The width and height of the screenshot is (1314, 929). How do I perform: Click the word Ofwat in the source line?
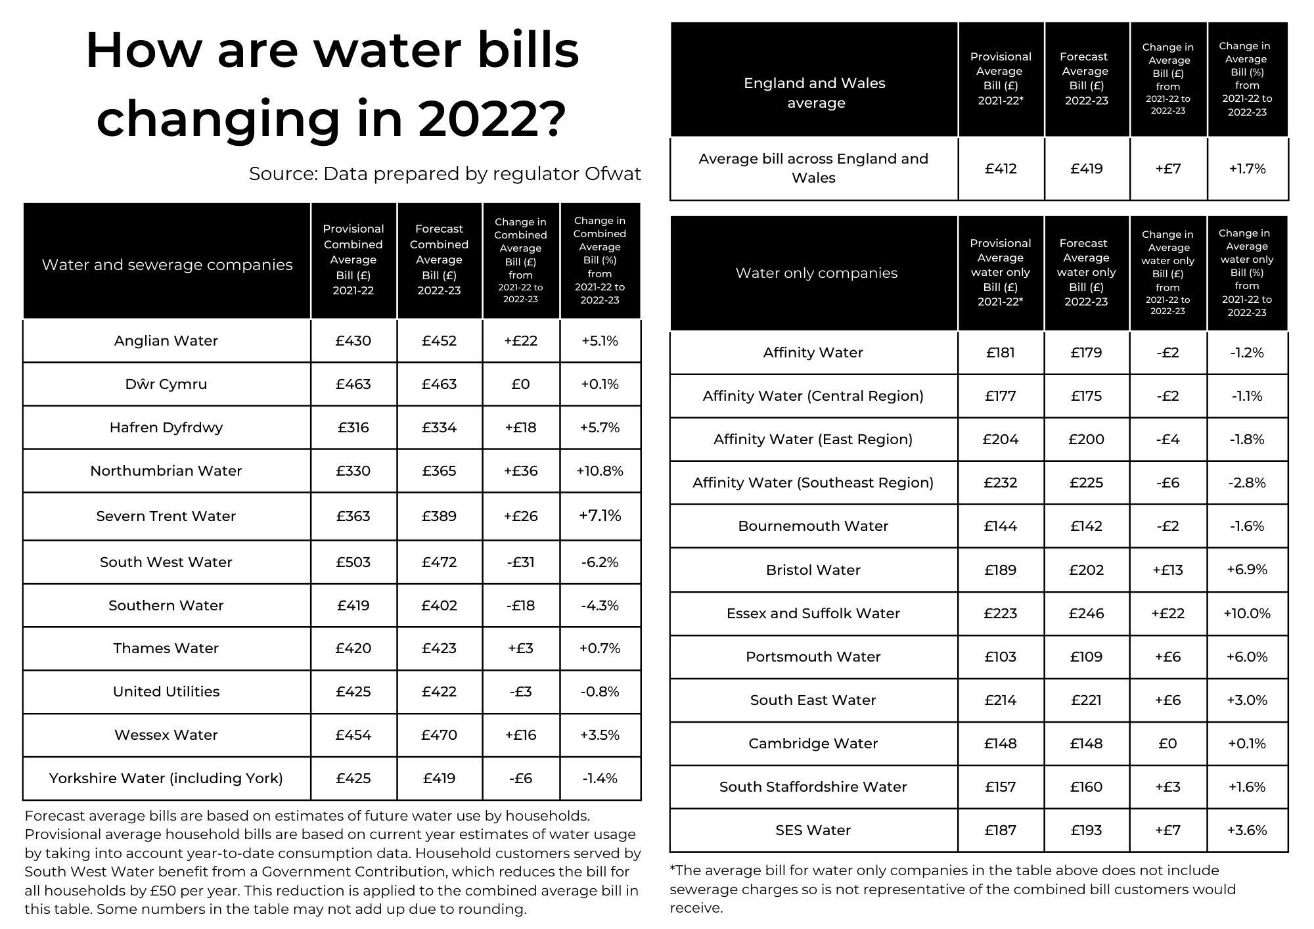(612, 173)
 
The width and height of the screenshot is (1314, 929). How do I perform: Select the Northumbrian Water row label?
(166, 471)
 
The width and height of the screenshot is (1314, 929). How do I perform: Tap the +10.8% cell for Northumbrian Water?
(600, 471)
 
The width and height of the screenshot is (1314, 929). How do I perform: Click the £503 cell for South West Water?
(353, 562)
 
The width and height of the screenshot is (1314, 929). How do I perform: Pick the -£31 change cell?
(520, 562)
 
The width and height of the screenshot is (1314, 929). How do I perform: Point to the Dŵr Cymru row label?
(166, 384)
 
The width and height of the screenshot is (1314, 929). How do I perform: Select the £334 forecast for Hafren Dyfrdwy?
(439, 428)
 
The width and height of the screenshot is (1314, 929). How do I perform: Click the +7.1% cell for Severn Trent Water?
(600, 516)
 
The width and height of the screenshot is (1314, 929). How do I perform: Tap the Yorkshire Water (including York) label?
(166, 779)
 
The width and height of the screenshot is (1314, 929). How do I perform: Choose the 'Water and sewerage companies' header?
(167, 265)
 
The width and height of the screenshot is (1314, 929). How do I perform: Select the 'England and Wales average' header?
(815, 93)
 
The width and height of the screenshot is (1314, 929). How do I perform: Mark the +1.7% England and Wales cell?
(1247, 169)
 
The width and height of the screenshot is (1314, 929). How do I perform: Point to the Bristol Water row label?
(813, 570)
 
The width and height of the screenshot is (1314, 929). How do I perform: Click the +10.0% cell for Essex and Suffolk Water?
(1247, 614)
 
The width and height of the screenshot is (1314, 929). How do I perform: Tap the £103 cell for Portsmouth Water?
(1001, 657)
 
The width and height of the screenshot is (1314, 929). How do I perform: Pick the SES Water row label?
(813, 830)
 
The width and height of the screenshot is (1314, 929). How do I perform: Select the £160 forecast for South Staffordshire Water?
(1087, 787)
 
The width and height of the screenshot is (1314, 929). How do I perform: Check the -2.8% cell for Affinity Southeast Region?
(1247, 483)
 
